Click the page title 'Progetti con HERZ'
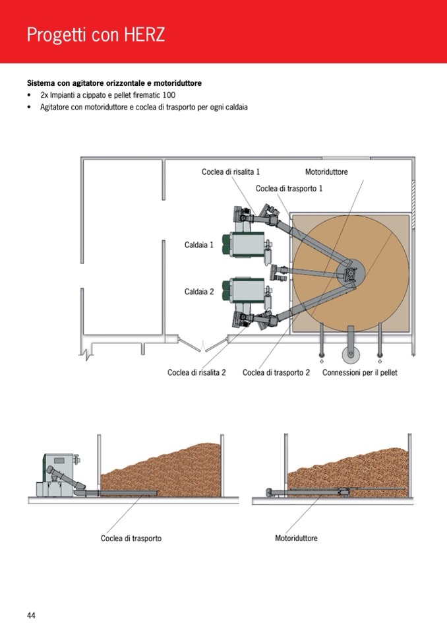tap(96, 35)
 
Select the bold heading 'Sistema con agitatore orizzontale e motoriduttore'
tap(114, 84)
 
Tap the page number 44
tap(31, 615)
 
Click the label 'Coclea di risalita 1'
tap(231, 172)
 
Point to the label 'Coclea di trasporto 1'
tap(289, 188)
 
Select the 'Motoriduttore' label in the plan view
tap(326, 172)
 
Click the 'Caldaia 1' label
tap(199, 245)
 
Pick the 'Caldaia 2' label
tap(199, 291)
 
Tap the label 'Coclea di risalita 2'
tap(196, 372)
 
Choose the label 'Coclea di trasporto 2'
tap(276, 372)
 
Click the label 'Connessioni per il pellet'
tap(359, 372)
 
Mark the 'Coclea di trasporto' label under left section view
tap(131, 538)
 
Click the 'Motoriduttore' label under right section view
tap(296, 538)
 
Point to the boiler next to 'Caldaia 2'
tap(245, 290)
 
